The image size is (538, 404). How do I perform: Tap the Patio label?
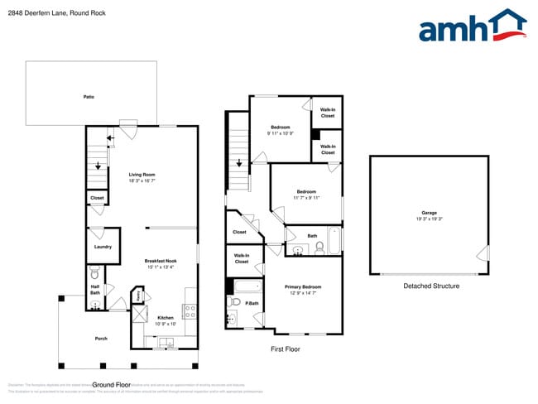pos(89,97)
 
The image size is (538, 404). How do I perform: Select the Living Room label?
pos(142,175)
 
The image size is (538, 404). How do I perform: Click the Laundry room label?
pos(103,246)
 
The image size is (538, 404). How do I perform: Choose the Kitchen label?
pos(165,317)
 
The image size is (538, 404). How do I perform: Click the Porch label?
pos(101,338)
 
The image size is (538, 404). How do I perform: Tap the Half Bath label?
pos(95,290)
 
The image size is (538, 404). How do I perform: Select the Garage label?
pos(428,213)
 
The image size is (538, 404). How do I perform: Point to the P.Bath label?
pos(252,304)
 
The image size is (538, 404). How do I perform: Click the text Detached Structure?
pos(431,286)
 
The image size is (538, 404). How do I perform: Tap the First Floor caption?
pos(286,349)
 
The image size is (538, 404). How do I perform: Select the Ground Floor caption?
pos(112,385)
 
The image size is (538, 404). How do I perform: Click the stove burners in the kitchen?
pos(189,311)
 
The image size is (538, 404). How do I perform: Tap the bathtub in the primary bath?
pos(247,286)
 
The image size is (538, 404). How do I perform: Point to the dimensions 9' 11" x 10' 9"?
pos(281,133)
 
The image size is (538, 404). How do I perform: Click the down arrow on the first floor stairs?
pos(239,163)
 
